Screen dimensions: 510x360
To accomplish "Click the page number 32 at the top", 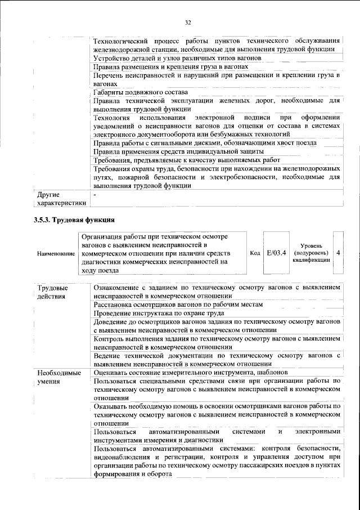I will pos(188,23).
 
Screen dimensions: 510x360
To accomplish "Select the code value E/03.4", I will pos(276,253).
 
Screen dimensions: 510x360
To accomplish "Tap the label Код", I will pos(254,253).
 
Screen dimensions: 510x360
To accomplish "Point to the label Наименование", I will pos(56,254).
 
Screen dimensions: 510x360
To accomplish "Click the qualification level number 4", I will pos(338,253).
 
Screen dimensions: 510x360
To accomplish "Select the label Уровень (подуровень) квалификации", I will pos(311,253).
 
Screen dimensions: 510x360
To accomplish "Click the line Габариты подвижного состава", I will pos(140,92).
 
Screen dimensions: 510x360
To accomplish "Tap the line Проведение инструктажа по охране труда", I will pos(151,313).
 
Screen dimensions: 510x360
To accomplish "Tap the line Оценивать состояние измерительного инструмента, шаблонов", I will pos(191,372).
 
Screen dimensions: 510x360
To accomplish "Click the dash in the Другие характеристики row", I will pos(95,194).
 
